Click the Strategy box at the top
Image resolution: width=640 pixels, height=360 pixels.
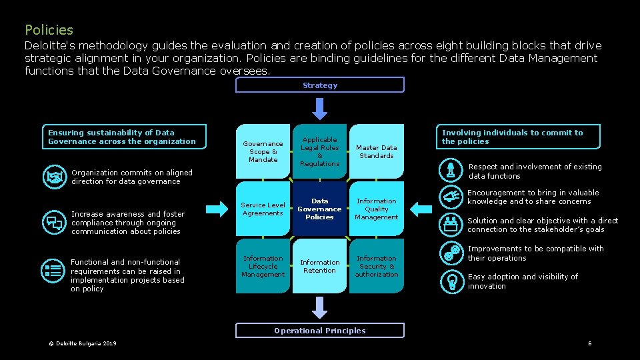[320, 85]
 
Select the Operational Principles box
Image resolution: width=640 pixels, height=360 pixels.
[320, 331]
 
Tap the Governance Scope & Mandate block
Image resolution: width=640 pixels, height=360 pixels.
[263, 152]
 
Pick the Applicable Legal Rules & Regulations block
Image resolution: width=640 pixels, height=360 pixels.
[320, 151]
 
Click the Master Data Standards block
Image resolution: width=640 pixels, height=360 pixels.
[377, 152]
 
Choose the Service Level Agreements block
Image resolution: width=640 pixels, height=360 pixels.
[263, 209]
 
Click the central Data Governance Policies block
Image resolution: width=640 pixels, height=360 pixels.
[320, 209]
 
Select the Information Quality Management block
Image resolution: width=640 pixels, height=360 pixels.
[377, 209]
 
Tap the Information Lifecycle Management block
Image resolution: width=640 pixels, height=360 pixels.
[263, 267]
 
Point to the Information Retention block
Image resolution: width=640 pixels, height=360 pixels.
[320, 267]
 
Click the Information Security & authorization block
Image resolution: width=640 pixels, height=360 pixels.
[377, 267]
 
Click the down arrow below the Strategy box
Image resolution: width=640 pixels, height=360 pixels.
[320, 108]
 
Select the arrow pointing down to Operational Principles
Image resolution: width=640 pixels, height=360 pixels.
[320, 307]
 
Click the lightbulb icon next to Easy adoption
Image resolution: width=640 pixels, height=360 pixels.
[451, 281]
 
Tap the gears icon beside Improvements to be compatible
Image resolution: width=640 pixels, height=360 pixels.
[451, 253]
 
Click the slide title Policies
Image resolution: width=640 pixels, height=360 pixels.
[49, 30]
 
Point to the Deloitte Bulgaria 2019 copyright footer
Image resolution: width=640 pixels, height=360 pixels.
[81, 343]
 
